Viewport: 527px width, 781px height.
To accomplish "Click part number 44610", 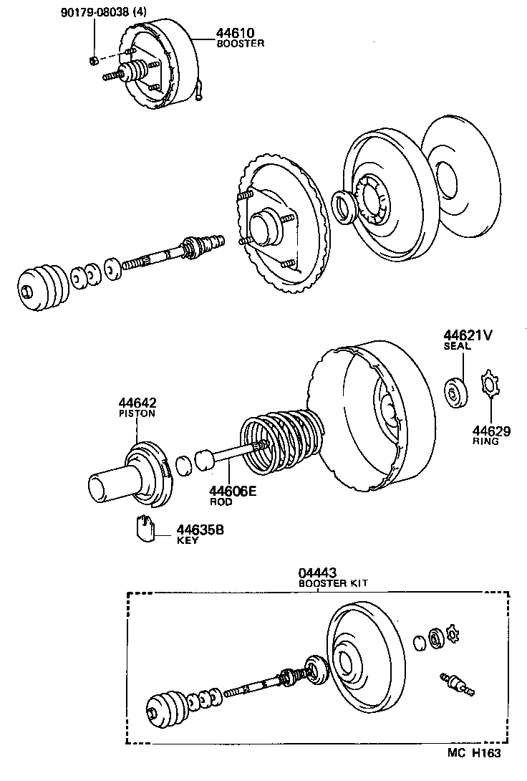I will [236, 33].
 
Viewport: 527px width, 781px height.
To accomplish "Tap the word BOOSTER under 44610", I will [241, 43].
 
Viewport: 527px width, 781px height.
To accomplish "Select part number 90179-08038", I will [100, 13].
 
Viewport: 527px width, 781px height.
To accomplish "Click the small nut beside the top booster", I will [95, 59].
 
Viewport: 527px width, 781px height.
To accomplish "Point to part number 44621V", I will [466, 335].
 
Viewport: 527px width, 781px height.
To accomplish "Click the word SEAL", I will [456, 346].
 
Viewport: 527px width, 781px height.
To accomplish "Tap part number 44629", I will [490, 431].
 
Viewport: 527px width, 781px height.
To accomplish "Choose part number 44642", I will [137, 403].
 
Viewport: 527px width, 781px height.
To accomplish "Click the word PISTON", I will [137, 413].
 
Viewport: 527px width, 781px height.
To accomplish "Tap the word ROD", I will [219, 502].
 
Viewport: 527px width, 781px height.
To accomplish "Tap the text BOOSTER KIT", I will [333, 584].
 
